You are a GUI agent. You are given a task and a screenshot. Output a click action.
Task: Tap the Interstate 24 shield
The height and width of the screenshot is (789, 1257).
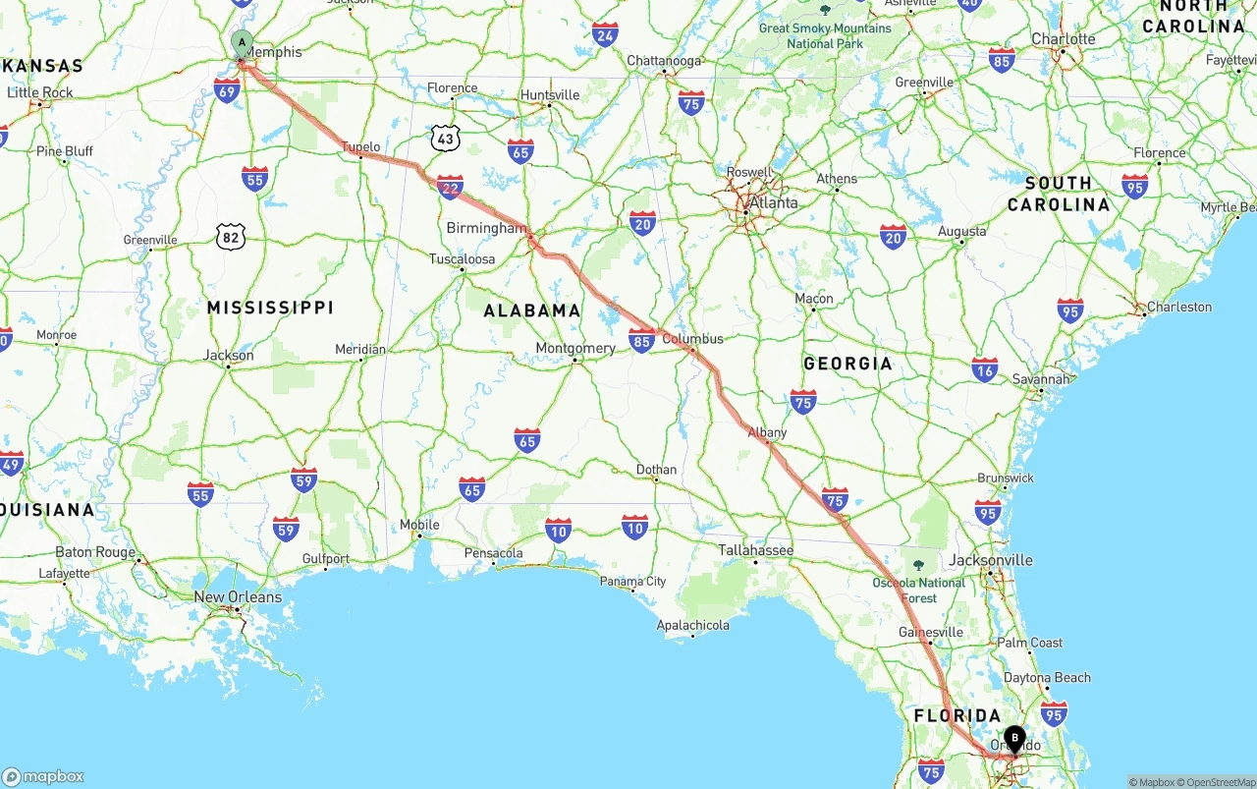(605, 35)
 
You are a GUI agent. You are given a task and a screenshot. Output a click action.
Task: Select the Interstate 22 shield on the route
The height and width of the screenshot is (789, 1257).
(450, 187)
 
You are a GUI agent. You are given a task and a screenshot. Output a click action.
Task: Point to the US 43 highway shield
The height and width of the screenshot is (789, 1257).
(446, 139)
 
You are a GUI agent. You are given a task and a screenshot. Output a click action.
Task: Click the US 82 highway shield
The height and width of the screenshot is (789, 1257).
(230, 236)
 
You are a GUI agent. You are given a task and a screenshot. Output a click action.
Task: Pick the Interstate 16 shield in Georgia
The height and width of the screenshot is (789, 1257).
(984, 369)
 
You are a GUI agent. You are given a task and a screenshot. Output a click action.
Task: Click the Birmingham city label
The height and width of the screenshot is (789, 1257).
(486, 228)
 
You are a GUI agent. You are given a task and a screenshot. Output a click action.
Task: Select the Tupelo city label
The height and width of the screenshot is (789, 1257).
(360, 147)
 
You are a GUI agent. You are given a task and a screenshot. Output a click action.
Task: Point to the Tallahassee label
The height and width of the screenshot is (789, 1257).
(755, 550)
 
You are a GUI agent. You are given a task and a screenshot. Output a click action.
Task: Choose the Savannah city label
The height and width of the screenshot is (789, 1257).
(1041, 379)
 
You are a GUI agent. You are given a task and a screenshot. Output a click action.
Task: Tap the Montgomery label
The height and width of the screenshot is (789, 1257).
(575, 348)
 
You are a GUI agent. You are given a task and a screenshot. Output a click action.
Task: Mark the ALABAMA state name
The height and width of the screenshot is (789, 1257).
(532, 310)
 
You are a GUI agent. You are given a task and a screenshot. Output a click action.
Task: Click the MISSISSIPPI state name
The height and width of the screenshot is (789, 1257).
(270, 308)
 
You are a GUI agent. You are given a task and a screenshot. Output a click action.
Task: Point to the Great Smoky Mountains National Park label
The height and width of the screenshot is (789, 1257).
(824, 35)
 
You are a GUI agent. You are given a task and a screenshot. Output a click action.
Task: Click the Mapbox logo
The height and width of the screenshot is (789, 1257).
(42, 776)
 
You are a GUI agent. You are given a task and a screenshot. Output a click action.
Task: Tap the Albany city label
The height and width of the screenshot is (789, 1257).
(767, 432)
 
